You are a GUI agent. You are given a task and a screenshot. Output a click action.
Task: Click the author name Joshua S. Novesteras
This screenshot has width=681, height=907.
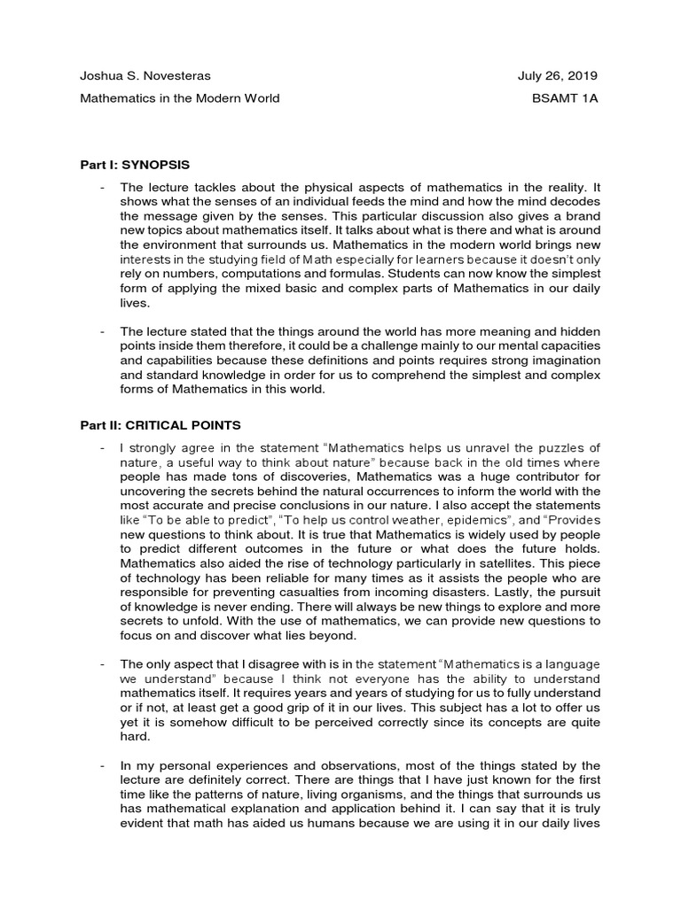(145, 76)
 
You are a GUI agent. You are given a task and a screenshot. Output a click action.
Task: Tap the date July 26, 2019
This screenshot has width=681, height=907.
(559, 76)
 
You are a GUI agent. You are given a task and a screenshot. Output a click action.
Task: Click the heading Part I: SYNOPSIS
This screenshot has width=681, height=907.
(135, 165)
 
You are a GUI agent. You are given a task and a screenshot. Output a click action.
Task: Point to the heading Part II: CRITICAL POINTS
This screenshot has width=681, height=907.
(160, 425)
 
